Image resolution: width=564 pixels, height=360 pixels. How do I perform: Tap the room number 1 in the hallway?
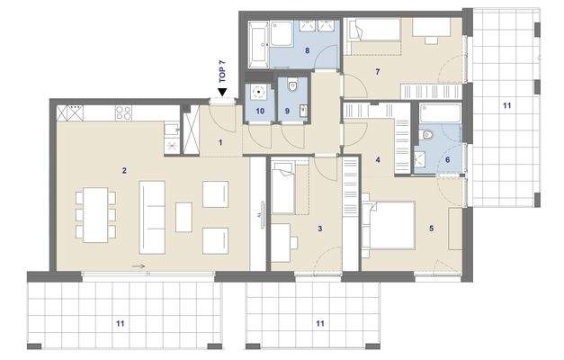pos(220,142)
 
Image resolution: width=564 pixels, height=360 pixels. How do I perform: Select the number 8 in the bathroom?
pos(307,52)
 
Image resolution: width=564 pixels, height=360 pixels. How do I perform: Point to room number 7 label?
pos(378,71)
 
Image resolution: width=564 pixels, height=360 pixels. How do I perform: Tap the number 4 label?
pos(378,161)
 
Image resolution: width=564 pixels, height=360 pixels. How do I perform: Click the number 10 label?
pos(260,111)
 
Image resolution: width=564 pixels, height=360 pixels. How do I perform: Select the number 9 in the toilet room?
pos(287,111)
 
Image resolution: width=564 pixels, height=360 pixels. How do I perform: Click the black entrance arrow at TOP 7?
pos(221,89)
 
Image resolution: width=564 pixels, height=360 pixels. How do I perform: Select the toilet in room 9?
pos(293,88)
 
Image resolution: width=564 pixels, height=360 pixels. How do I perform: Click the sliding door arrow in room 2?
pos(137,266)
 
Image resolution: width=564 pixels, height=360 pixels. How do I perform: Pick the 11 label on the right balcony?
pos(506,106)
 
